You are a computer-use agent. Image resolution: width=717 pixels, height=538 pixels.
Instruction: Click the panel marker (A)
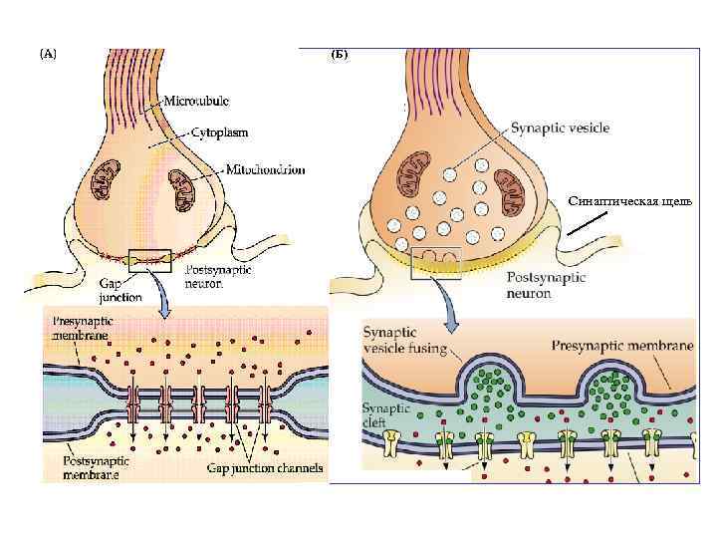pyautogui.click(x=48, y=54)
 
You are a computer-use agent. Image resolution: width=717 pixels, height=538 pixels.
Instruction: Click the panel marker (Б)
pyautogui.click(x=339, y=54)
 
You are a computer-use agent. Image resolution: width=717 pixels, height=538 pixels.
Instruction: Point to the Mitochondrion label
pyautogui.click(x=266, y=170)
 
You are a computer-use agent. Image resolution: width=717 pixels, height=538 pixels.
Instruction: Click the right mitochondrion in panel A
pyautogui.click(x=180, y=185)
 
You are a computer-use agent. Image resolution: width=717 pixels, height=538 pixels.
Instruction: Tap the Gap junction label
pyautogui.click(x=119, y=289)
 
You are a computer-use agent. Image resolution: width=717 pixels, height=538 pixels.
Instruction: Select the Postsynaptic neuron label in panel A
pyautogui.click(x=220, y=276)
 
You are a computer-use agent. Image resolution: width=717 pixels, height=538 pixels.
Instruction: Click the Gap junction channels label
pyautogui.click(x=264, y=467)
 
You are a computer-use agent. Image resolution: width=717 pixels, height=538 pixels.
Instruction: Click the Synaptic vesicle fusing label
pyautogui.click(x=404, y=343)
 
